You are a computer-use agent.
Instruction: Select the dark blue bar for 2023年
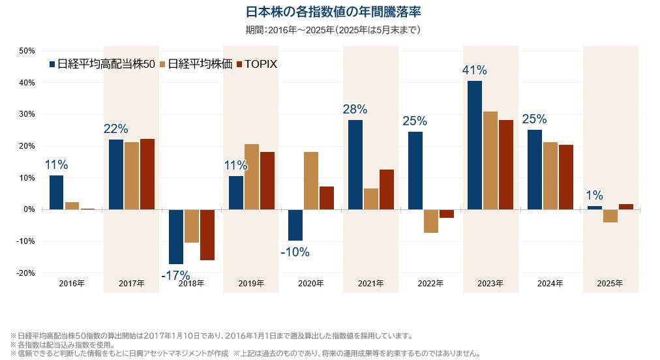(x=475, y=145)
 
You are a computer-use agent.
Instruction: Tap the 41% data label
(x=475, y=70)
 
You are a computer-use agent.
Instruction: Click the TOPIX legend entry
(x=257, y=64)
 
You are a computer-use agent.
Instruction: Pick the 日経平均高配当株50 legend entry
(x=102, y=64)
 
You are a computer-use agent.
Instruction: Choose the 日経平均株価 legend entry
(x=196, y=64)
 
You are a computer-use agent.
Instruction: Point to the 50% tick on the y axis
(x=27, y=51)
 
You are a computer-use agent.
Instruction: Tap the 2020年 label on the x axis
(x=310, y=284)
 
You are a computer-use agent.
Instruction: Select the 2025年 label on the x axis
(x=610, y=284)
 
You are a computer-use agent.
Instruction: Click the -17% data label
(x=175, y=275)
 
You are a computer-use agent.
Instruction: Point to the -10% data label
(x=295, y=252)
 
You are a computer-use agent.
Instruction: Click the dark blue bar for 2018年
(x=175, y=236)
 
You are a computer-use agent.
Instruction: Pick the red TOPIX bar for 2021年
(x=387, y=189)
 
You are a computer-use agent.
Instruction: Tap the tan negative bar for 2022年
(x=431, y=221)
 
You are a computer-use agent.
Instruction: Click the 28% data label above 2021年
(x=355, y=109)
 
